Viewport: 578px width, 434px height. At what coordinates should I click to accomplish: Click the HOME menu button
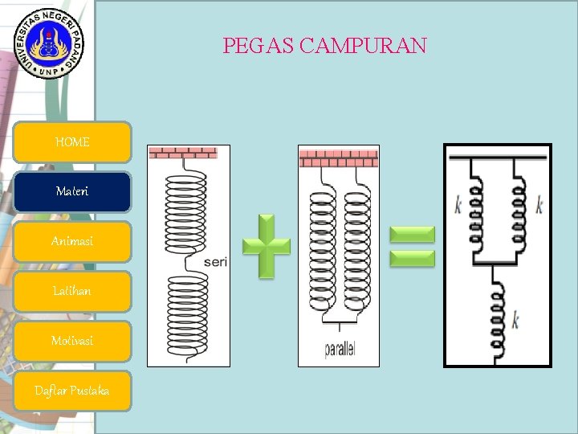pos(72,142)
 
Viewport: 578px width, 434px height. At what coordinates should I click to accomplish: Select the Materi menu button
pos(72,192)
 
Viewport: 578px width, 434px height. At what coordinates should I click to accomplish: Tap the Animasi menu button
pos(72,241)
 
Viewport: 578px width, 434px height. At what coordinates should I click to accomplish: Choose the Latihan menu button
pos(72,291)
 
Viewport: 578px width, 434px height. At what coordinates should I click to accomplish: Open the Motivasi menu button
pos(72,341)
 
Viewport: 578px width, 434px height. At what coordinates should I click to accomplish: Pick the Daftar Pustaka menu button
pos(72,391)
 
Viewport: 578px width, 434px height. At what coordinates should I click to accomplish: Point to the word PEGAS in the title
pos(258,46)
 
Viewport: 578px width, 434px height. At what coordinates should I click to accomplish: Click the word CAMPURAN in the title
pos(363,46)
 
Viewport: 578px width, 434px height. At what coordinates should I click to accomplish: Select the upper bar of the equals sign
pos(412,234)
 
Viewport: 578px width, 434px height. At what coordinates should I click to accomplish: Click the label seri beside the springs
pos(214,262)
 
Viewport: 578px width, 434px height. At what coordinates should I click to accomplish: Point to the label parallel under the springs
pos(340,350)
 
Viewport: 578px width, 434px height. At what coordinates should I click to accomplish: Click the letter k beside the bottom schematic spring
pos(515,321)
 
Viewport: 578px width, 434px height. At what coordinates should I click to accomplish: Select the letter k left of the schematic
pos(458,206)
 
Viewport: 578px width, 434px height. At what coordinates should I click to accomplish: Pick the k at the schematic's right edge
pos(539,206)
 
